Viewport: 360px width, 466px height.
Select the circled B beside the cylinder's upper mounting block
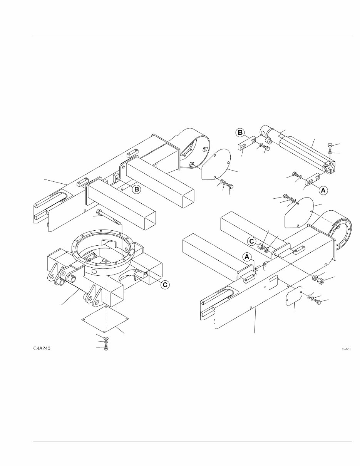pyautogui.click(x=239, y=133)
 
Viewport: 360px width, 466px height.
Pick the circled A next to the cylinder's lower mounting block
pyautogui.click(x=323, y=189)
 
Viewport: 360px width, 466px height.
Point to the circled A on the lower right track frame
pyautogui.click(x=247, y=256)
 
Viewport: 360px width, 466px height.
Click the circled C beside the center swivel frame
pyautogui.click(x=164, y=285)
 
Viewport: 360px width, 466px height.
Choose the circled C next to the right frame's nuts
pyautogui.click(x=251, y=241)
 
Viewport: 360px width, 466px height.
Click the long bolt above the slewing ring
pyautogui.click(x=109, y=217)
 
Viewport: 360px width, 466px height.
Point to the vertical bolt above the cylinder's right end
pyautogui.click(x=329, y=146)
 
